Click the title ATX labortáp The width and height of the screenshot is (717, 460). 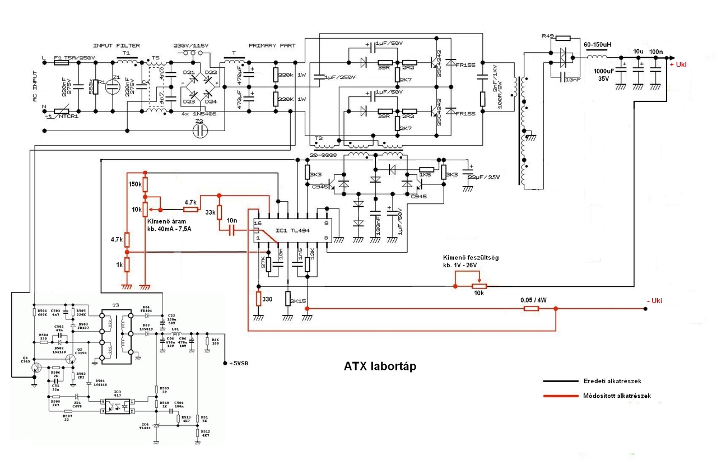tap(380, 366)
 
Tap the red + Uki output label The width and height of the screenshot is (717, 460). tap(677, 64)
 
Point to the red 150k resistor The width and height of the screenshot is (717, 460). tap(145, 184)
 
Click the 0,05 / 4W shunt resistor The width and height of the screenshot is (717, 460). tap(531, 308)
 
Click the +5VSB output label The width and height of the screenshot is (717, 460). tap(239, 363)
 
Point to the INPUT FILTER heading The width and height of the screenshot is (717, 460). tap(116, 45)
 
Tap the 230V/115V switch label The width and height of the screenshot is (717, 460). tap(192, 45)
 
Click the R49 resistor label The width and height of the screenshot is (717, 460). tap(547, 36)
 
